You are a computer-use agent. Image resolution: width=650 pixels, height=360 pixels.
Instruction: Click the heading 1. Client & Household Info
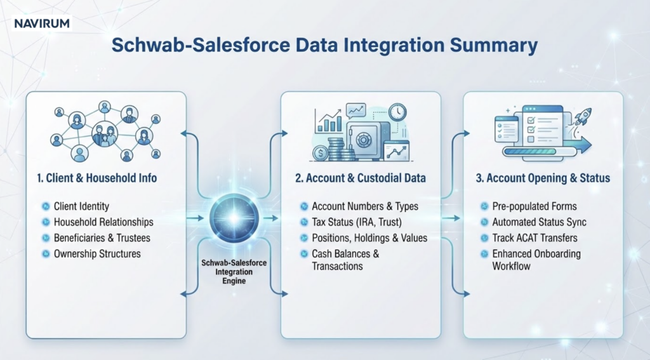tap(96, 178)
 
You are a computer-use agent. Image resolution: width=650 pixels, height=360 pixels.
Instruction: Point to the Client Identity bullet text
tap(81, 206)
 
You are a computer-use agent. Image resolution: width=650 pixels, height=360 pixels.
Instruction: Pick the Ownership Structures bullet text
tap(97, 254)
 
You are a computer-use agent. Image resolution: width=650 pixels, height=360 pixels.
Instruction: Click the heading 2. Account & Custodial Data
tap(361, 178)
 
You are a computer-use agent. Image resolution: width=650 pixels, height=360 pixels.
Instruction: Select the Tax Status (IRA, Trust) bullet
tap(357, 222)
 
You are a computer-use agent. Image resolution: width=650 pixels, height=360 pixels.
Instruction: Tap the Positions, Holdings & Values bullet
tap(369, 238)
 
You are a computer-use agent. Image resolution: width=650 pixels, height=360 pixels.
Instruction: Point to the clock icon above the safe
tap(398, 112)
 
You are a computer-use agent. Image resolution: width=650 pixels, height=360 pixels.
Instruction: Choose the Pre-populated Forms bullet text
tap(534, 206)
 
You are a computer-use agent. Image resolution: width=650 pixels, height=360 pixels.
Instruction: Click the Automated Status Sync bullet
tap(539, 222)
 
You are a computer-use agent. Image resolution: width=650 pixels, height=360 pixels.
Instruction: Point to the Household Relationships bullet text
tap(103, 222)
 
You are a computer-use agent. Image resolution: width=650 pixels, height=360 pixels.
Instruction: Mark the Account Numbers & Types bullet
tap(365, 206)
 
